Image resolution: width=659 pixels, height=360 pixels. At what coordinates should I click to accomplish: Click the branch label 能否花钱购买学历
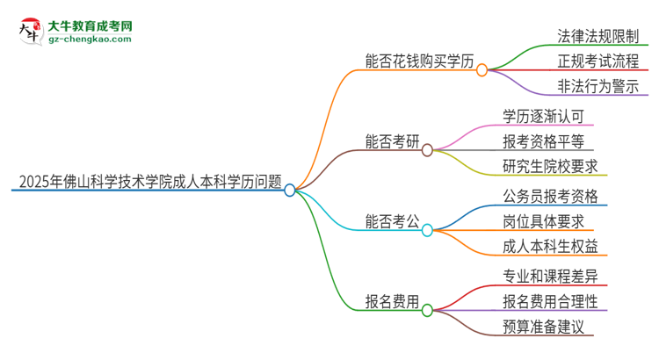tap(420, 61)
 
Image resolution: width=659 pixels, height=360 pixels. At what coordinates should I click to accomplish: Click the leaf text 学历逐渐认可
tap(542, 117)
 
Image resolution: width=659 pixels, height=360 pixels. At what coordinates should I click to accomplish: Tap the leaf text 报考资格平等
tap(542, 141)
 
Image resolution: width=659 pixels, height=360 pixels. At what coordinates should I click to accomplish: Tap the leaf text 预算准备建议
tap(542, 327)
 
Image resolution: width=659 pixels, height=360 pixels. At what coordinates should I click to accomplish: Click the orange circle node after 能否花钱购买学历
tap(482, 69)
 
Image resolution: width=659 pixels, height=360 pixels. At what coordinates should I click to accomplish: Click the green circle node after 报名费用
tap(427, 310)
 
